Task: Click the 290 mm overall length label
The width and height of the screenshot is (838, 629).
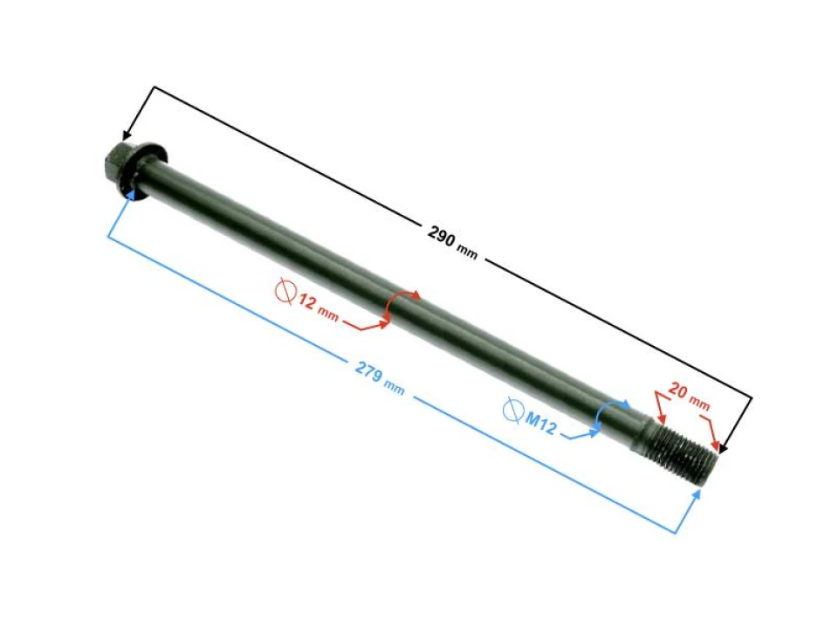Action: tap(452, 241)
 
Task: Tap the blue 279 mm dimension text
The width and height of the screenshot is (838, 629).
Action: tap(380, 377)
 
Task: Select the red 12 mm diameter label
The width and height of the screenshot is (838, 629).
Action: tap(318, 308)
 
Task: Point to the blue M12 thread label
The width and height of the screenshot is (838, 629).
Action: tap(541, 423)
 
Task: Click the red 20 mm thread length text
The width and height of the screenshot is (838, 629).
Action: tap(690, 397)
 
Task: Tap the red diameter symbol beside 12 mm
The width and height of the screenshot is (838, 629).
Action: tap(286, 292)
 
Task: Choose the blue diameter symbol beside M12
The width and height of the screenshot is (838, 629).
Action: tap(513, 411)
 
